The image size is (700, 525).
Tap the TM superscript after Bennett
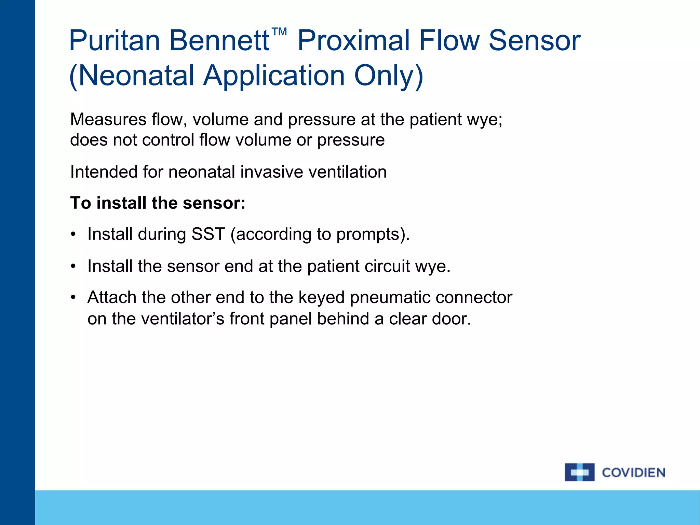point(279,32)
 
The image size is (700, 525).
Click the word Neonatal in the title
point(137,76)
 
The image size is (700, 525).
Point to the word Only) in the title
point(389,76)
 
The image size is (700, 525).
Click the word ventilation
point(347,172)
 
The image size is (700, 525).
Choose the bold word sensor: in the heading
point(214,203)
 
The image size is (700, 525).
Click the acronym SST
point(208,234)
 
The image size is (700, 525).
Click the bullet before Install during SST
point(73,235)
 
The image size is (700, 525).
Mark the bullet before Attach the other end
point(73,298)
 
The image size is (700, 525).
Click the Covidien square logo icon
point(579,472)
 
